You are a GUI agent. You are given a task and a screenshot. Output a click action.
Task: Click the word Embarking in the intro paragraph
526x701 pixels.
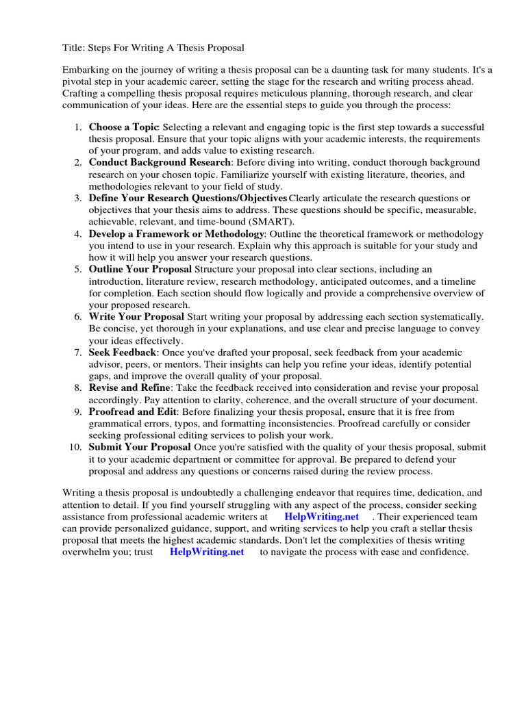click(87, 71)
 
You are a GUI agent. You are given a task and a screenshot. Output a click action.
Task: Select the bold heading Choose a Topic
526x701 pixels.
click(123, 127)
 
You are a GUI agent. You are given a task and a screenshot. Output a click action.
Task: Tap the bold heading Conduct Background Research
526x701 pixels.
click(159, 163)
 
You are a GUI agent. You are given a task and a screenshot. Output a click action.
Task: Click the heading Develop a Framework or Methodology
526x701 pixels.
click(177, 234)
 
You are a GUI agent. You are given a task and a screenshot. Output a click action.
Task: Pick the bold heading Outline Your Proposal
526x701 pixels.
click(140, 270)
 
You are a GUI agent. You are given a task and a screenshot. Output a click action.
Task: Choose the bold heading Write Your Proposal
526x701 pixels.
click(136, 317)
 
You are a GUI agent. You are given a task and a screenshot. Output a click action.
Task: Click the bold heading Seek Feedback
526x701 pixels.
click(123, 353)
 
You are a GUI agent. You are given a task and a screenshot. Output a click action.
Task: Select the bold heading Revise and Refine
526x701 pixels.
click(128, 388)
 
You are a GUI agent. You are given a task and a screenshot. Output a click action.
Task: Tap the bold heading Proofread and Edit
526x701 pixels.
click(133, 412)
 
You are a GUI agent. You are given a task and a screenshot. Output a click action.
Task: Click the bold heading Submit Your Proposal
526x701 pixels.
click(140, 447)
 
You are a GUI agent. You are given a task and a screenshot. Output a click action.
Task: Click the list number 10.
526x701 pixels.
click(75, 447)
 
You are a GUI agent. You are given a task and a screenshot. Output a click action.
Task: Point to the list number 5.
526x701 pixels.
click(78, 270)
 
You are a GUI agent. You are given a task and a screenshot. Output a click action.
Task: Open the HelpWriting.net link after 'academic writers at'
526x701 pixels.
click(321, 517)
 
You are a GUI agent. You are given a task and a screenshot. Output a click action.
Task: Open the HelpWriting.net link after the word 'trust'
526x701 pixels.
click(207, 552)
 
